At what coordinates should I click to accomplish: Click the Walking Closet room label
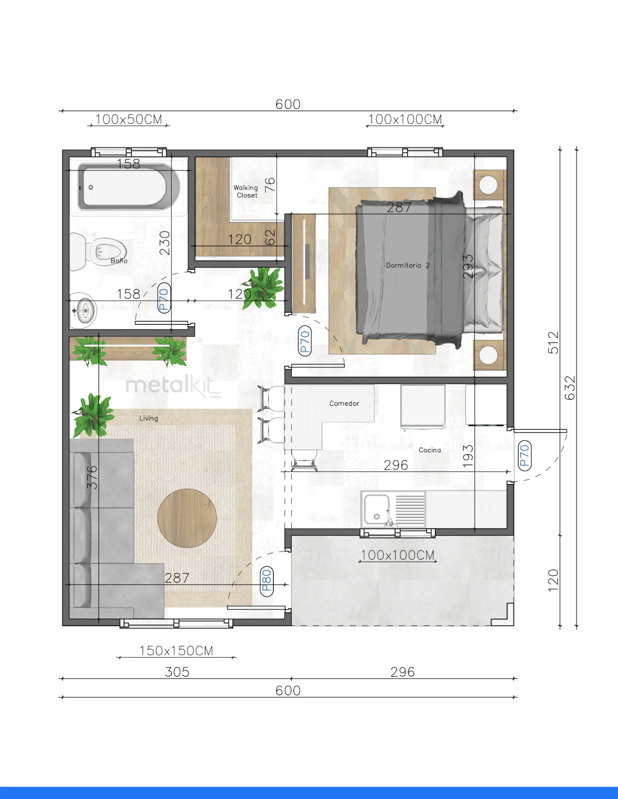246,191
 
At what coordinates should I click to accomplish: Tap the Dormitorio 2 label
408,265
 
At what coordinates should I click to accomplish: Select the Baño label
119,260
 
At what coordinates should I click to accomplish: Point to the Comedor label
344,403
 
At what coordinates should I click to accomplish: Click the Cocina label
430,450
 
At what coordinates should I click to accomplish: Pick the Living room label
149,418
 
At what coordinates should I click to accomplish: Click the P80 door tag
267,581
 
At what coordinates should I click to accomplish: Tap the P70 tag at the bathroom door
164,298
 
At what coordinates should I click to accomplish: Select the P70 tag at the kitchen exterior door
524,455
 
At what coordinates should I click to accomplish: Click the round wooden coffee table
187,518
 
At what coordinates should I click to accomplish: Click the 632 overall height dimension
570,388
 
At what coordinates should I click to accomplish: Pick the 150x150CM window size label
176,650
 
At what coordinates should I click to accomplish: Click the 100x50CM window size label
129,119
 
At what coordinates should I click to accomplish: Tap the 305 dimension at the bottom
177,672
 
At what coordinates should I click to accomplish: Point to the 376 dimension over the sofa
92,477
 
